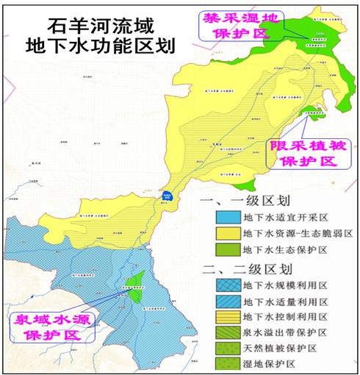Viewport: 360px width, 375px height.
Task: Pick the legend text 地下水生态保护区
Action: (287, 250)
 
